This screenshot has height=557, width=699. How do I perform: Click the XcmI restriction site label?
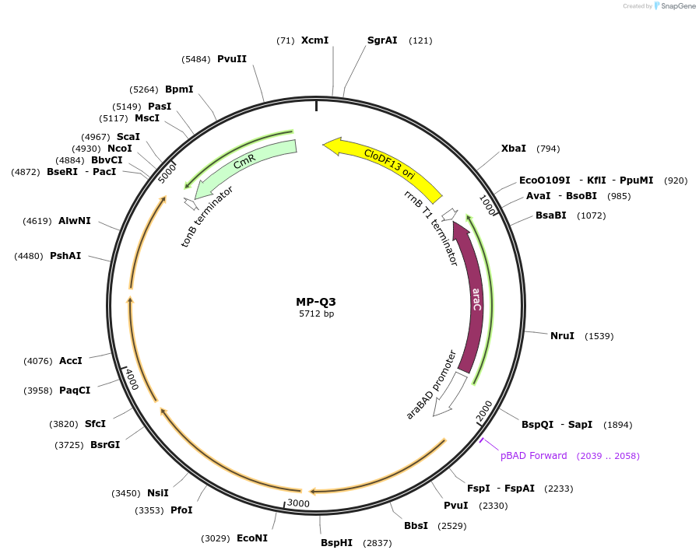coord(314,40)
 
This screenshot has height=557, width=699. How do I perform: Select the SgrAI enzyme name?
coord(382,40)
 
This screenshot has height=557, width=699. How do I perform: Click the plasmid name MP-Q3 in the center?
coord(316,302)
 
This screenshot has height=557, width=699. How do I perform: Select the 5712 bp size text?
coord(316,314)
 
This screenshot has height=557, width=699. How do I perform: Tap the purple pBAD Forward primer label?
coord(533,456)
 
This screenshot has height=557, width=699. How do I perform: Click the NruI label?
coord(562,336)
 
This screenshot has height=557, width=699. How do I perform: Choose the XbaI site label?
coord(513,149)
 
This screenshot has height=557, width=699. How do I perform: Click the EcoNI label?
coord(251,538)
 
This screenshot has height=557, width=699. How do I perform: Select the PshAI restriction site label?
coord(65,256)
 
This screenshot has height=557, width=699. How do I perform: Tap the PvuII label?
coord(232,59)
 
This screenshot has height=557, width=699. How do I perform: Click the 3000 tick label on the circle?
coord(298,503)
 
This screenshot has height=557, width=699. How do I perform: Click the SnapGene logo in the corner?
coord(674,6)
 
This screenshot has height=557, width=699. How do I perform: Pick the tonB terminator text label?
coord(207,216)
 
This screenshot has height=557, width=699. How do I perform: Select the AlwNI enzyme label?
coord(74,221)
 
